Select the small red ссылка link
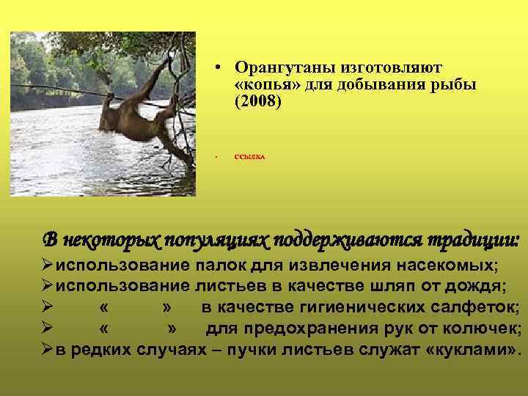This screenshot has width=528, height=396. point(250,157)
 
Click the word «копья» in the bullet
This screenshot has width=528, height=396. point(263,84)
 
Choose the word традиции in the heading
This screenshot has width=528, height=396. point(476,240)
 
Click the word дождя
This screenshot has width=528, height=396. point(482,285)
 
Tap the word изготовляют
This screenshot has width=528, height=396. point(394,67)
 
